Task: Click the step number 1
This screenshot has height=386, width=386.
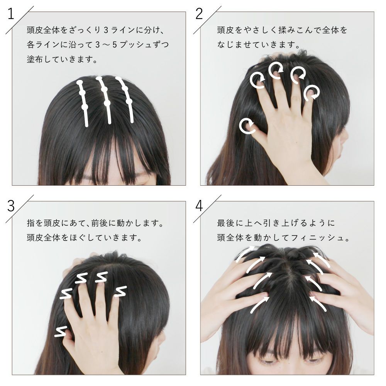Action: (11, 14)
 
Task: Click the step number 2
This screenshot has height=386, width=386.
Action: (199, 14)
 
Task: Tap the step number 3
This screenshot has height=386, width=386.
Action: (11, 206)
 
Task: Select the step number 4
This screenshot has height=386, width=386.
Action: (199, 206)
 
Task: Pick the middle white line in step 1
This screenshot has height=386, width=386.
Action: (105, 100)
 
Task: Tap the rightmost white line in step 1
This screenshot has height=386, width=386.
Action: (127, 98)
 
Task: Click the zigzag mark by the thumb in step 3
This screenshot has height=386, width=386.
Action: (61, 331)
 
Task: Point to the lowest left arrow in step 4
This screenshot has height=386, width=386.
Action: (259, 305)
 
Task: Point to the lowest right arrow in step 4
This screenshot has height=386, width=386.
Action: (318, 304)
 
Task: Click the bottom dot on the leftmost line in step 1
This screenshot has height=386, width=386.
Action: (85, 107)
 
